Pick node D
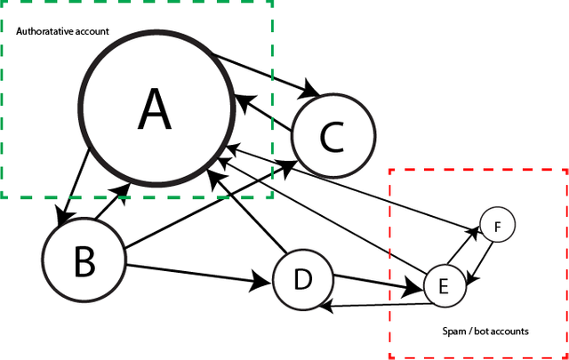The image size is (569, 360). point(302,279)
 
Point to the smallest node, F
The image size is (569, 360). point(497,227)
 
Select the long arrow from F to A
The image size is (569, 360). point(356,187)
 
